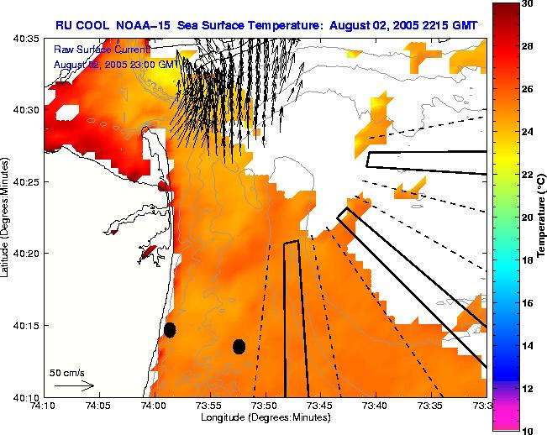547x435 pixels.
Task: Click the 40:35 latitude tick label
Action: point(28,39)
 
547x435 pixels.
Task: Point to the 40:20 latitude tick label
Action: point(28,254)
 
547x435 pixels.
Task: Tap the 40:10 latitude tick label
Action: point(28,396)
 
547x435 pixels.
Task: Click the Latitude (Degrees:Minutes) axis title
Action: point(7,217)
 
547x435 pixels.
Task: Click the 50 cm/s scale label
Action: point(67,372)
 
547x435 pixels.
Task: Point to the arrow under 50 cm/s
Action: point(75,385)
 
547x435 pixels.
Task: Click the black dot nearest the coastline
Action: point(170,330)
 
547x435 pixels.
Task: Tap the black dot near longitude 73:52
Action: point(239,346)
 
